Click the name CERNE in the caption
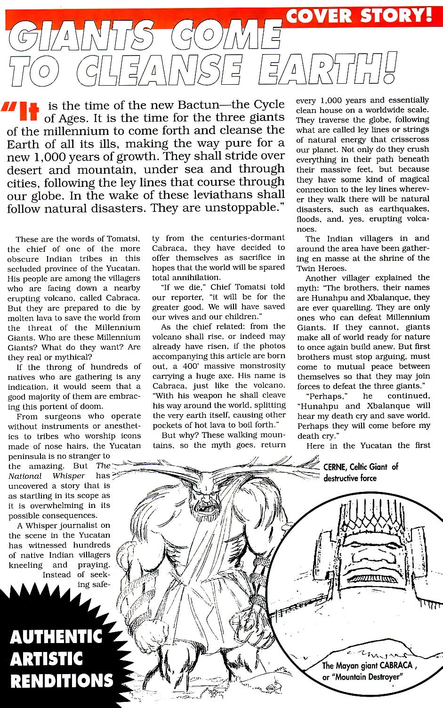(x=335, y=467)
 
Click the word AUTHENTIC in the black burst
(x=56, y=637)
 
